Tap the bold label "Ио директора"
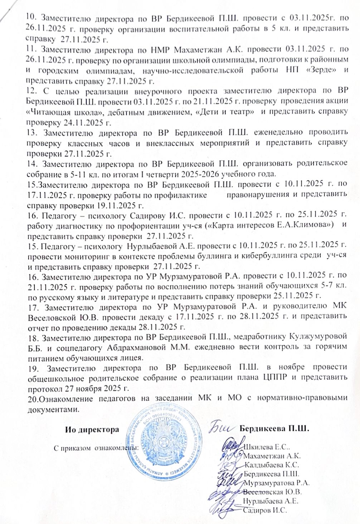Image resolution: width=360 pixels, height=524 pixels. [x=92, y=429]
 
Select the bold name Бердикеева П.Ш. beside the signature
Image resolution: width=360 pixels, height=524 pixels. [x=274, y=428]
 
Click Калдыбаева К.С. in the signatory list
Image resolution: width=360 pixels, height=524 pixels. [x=272, y=465]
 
